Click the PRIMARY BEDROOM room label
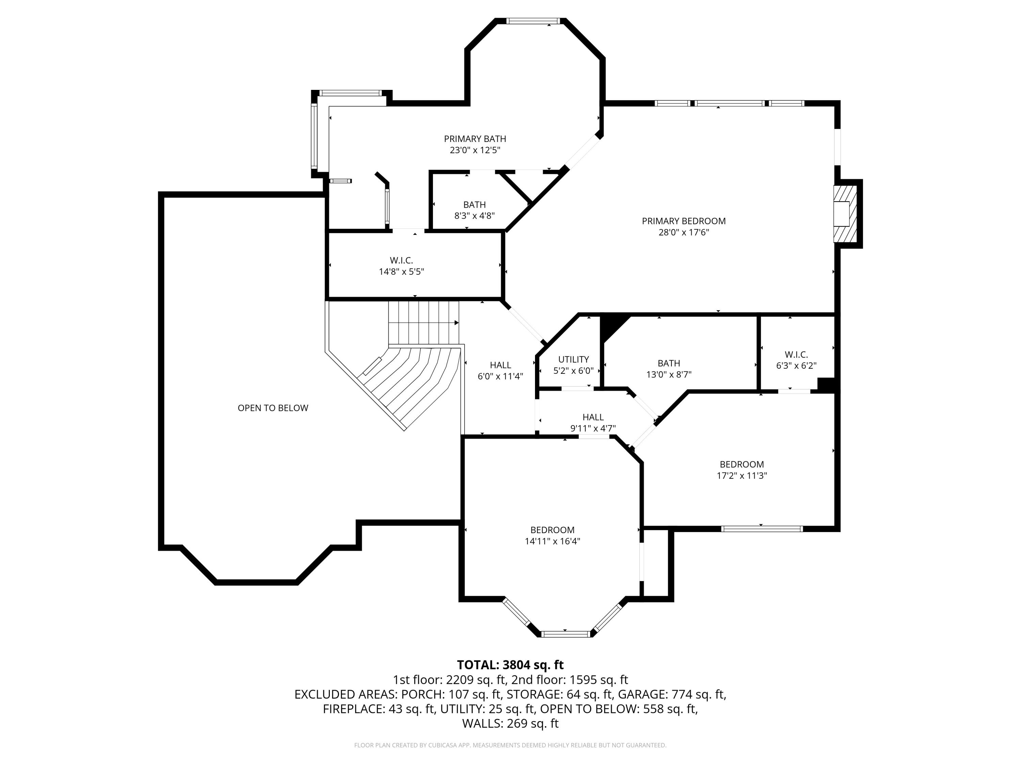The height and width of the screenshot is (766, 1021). pyautogui.click(x=684, y=221)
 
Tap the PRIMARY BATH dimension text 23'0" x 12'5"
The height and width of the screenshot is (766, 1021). pyautogui.click(x=475, y=150)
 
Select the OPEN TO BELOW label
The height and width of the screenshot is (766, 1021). pyautogui.click(x=273, y=408)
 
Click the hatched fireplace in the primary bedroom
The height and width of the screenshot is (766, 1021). pyautogui.click(x=845, y=214)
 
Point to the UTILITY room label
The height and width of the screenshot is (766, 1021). pyautogui.click(x=573, y=359)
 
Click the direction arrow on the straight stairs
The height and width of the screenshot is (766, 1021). pyautogui.click(x=456, y=322)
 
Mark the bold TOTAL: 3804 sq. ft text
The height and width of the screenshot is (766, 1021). pyautogui.click(x=510, y=665)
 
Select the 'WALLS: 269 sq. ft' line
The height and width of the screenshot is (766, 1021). pyautogui.click(x=510, y=723)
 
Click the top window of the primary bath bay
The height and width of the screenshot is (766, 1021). pyautogui.click(x=533, y=21)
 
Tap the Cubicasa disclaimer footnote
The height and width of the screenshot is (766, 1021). pyautogui.click(x=510, y=745)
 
